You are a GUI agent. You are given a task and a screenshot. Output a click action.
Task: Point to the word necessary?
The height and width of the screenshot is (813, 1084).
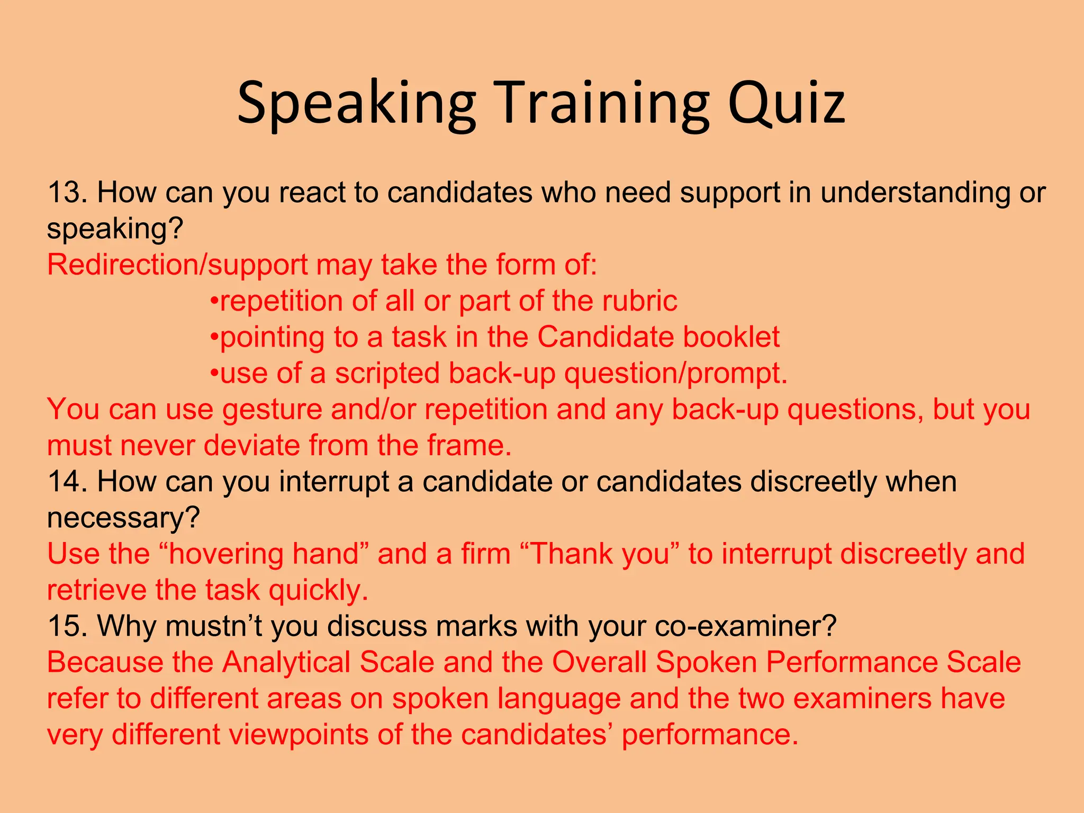tap(123, 518)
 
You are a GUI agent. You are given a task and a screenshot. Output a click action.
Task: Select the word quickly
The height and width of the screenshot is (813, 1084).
tap(318, 590)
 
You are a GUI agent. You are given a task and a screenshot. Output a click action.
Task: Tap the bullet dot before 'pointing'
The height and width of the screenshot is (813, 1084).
tap(214, 337)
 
